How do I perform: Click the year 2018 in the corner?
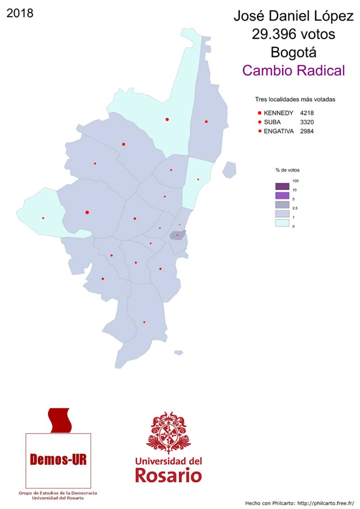click(20, 13)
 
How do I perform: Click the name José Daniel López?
click(293, 16)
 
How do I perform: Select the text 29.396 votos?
click(293, 34)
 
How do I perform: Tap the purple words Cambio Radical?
click(293, 71)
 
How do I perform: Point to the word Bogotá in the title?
click(293, 52)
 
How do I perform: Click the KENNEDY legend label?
click(278, 113)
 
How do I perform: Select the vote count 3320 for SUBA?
click(307, 122)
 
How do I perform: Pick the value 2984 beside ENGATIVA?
click(307, 131)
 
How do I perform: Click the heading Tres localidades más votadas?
click(295, 99)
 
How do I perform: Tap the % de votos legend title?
click(287, 170)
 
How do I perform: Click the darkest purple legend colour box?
click(282, 186)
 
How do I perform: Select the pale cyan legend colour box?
click(282, 223)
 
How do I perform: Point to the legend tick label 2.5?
click(295, 208)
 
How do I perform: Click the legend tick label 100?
click(295, 181)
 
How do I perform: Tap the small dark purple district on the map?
click(178, 235)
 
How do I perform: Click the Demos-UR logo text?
click(58, 460)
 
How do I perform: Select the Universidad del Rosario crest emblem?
click(168, 432)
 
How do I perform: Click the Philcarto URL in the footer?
click(325, 503)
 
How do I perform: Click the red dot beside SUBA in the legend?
click(260, 122)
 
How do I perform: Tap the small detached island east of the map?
click(229, 170)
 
